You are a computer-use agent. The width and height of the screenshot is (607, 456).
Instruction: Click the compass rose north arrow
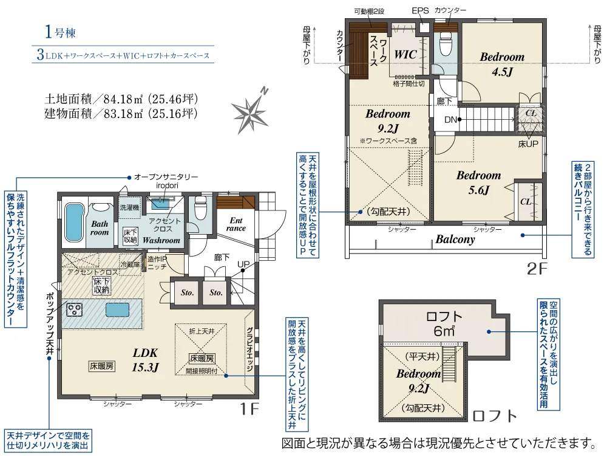(x=250, y=111)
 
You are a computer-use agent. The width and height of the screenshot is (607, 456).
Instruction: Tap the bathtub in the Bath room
(x=74, y=223)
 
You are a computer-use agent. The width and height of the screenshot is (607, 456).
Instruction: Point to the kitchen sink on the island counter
(x=117, y=310)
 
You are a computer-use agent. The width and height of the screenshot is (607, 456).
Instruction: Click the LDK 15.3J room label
(x=145, y=360)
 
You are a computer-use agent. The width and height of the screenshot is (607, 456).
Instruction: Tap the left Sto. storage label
(x=187, y=293)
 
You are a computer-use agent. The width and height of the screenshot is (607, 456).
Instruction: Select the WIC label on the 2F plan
(x=405, y=54)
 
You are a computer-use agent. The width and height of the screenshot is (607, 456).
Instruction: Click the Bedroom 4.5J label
(x=502, y=64)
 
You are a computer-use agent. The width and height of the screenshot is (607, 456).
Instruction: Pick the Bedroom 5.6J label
(x=478, y=182)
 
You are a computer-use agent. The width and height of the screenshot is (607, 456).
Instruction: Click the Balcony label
(x=455, y=239)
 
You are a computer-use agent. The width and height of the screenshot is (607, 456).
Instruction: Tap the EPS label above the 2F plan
(x=420, y=11)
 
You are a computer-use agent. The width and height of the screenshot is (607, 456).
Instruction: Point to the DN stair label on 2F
(x=450, y=120)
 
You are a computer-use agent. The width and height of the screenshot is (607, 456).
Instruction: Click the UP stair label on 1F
(x=243, y=264)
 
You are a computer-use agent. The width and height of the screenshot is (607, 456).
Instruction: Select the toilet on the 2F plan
(x=446, y=44)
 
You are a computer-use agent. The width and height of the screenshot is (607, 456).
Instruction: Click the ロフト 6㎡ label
(x=444, y=324)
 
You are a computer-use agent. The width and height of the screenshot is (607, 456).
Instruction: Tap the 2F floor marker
(x=537, y=269)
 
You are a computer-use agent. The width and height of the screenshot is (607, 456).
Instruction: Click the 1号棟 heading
(x=60, y=32)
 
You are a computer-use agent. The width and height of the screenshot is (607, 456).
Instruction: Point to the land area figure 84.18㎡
(x=123, y=99)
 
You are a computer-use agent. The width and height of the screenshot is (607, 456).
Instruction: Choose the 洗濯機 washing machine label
(x=129, y=207)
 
